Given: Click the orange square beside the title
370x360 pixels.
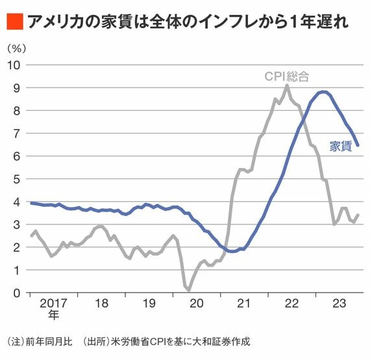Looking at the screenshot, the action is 15,21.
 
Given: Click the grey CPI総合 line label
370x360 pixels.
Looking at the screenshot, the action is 287,77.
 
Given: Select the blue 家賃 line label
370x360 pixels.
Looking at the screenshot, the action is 341,146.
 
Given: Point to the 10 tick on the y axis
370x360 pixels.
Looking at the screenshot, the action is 14,65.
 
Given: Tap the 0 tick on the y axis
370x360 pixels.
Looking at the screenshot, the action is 16,293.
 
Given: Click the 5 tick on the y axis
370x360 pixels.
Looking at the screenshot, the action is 16,179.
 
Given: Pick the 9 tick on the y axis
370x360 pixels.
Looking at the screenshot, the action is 16,88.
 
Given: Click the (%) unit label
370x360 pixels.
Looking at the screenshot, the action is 16,49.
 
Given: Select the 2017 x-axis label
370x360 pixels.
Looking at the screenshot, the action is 53,303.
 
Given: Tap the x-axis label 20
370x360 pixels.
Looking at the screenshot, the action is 196,303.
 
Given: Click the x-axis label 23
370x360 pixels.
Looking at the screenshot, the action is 339,303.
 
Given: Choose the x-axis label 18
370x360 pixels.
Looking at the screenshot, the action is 101,303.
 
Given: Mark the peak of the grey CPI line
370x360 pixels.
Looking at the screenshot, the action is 287,85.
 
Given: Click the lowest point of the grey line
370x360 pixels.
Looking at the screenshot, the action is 189,290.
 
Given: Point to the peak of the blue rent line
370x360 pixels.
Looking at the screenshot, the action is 323,92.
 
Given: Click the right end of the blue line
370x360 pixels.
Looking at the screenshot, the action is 358,145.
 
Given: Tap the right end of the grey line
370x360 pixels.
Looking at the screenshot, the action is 358,215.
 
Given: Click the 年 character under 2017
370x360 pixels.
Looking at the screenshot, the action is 53,315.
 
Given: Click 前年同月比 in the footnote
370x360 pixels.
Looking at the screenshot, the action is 49,342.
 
